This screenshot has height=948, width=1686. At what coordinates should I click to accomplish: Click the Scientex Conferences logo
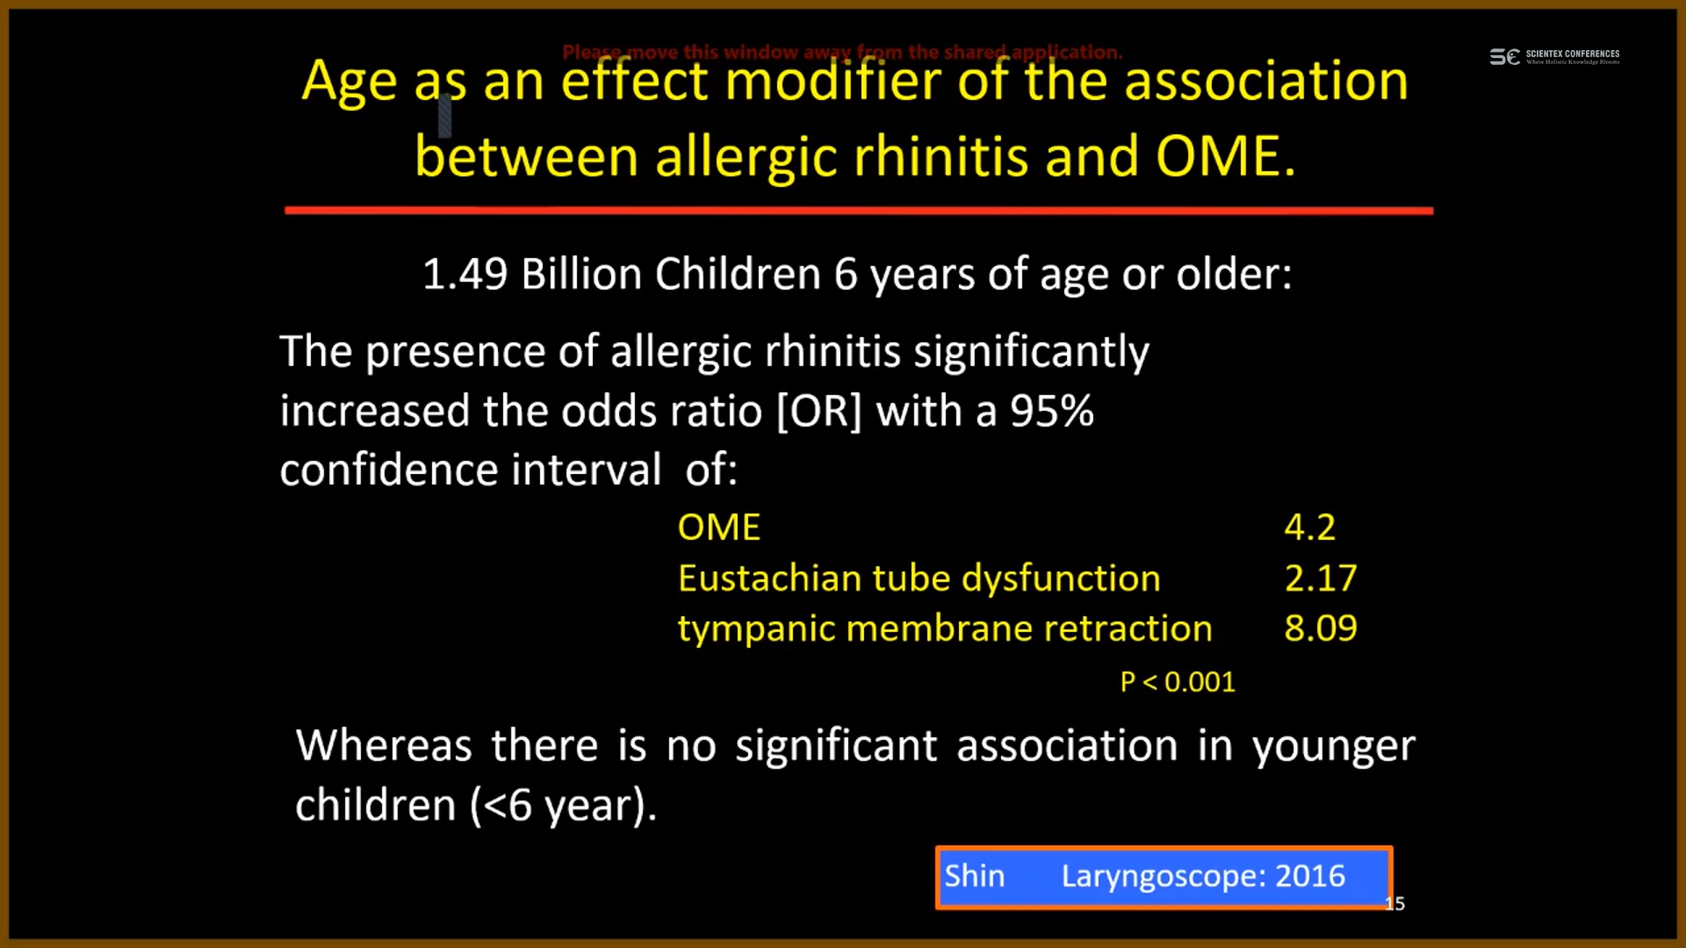[x=1554, y=57]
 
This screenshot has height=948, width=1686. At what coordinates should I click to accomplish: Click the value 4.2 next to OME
[x=1309, y=528]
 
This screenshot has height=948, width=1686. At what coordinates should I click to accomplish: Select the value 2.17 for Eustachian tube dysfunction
[x=1321, y=578]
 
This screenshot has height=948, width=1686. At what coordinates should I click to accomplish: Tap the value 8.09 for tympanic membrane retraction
[x=1321, y=628]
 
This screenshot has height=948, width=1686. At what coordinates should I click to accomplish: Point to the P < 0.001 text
[x=1178, y=682]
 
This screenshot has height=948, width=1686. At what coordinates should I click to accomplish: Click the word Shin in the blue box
[x=975, y=876]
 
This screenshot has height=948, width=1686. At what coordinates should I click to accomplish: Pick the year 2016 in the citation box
[x=1310, y=876]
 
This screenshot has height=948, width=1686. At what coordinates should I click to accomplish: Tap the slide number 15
[x=1395, y=904]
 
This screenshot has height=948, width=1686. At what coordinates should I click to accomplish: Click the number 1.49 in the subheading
[x=465, y=274]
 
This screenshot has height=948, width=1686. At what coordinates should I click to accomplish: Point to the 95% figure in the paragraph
[x=1052, y=411]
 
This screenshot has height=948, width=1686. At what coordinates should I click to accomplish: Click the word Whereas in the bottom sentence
[x=384, y=746]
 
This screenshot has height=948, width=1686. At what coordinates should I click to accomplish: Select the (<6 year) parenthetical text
[x=564, y=806]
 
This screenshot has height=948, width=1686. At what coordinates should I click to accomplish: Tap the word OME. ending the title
[x=1226, y=157]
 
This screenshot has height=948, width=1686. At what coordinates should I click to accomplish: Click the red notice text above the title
[x=842, y=52]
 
